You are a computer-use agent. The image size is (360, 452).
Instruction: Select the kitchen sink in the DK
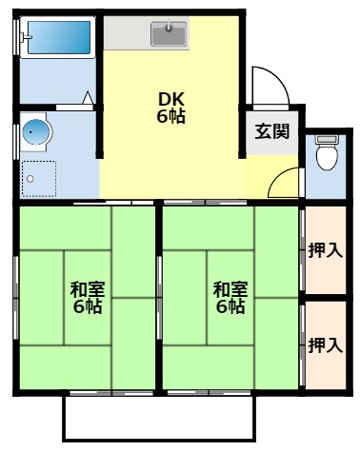coord(170,36)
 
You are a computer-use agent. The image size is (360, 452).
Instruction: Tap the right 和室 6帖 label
coord(229,297)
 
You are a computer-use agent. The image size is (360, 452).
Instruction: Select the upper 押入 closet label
coord(325,250)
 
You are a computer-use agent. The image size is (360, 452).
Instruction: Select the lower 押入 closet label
coord(325,344)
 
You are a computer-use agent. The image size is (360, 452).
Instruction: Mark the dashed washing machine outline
coord(41,177)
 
